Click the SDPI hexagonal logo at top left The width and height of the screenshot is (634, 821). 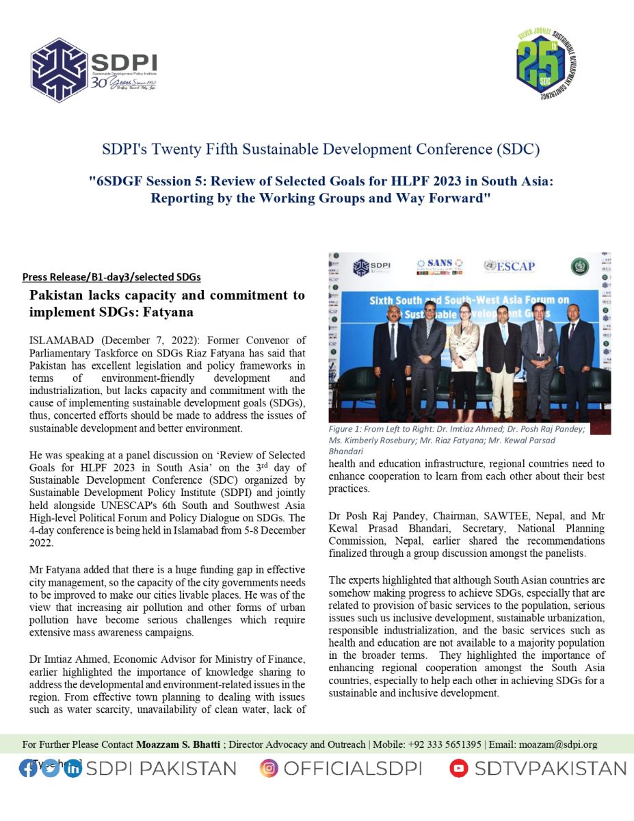coord(60,70)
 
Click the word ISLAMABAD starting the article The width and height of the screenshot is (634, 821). coord(55,340)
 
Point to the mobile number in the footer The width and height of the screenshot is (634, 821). coord(445,744)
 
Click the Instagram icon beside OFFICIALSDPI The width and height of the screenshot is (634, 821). coord(269,768)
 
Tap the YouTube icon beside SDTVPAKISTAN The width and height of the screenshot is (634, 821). coord(459,768)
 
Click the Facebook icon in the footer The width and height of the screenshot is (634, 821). coord(28,768)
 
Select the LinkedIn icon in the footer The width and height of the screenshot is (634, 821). coord(72,768)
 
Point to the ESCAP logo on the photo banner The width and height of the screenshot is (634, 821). coord(509,266)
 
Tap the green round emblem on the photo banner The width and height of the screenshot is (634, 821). coord(579,266)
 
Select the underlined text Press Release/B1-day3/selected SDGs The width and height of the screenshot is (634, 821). coord(111,277)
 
